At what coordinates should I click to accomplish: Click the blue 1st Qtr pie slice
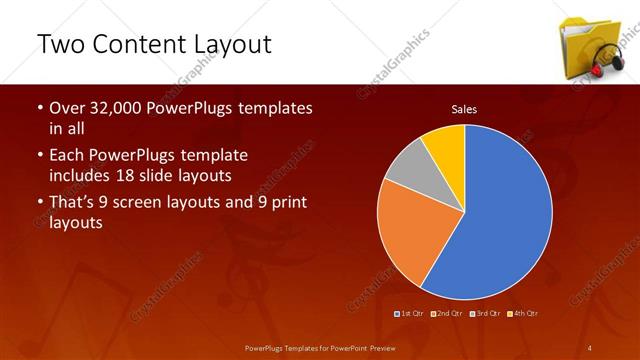click(x=500, y=215)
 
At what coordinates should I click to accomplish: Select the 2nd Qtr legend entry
click(x=446, y=313)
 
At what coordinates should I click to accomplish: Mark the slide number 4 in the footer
click(x=589, y=347)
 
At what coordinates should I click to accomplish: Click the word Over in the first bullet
click(x=67, y=108)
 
